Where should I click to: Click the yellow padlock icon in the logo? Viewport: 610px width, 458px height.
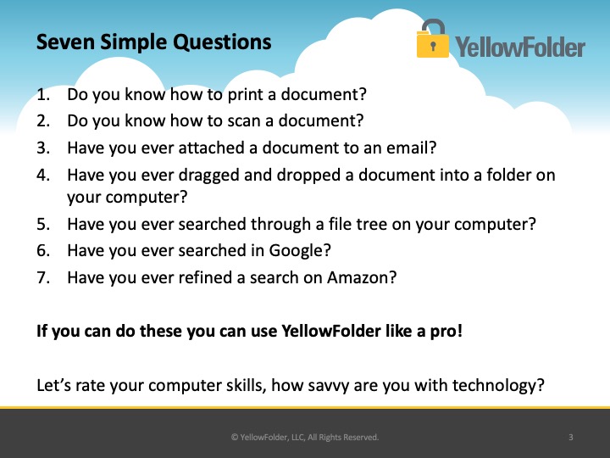pyautogui.click(x=432, y=38)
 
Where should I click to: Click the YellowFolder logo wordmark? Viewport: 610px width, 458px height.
pyautogui.click(x=520, y=47)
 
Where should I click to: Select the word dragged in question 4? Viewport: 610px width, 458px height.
pyautogui.click(x=208, y=176)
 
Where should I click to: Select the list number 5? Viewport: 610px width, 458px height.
pyautogui.click(x=43, y=224)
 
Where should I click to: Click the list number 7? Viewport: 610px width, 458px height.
pyautogui.click(x=43, y=277)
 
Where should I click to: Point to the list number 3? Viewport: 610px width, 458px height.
pyautogui.click(x=43, y=148)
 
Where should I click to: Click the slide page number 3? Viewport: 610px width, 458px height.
pyautogui.click(x=571, y=437)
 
